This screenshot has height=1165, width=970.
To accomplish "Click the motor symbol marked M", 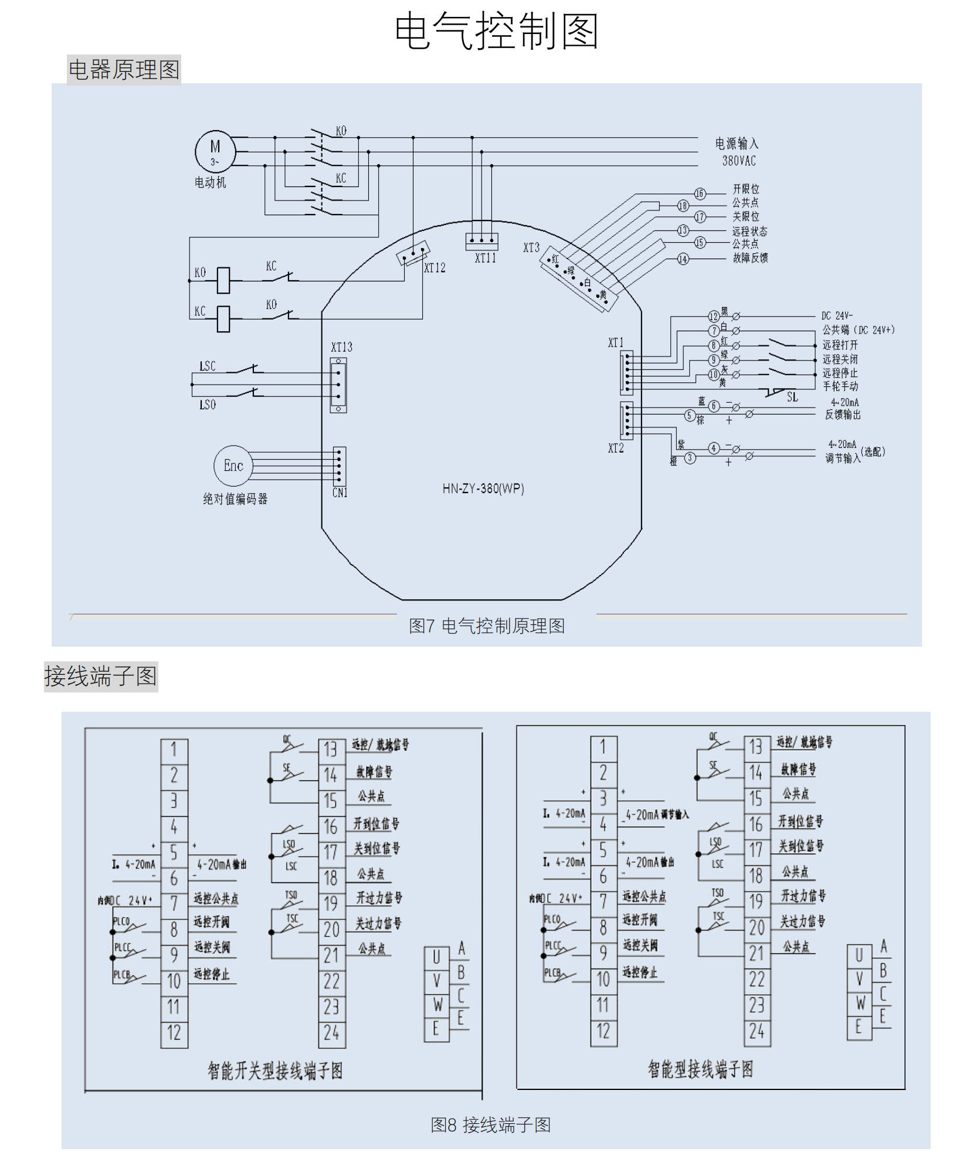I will point(215,151).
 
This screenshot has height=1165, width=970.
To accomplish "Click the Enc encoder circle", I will point(233,466).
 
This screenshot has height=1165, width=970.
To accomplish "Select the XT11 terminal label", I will point(485,258).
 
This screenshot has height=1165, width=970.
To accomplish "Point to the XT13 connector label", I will point(341,347).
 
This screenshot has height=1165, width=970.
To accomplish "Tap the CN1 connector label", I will point(340,493).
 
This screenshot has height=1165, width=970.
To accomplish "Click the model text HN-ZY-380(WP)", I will point(483,488).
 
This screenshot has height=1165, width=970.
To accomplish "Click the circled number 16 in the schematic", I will point(700,193).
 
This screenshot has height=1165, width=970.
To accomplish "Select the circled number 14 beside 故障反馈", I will point(683,259).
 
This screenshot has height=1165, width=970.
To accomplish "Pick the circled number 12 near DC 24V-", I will point(713,317).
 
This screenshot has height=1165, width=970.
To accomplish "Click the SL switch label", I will point(792,398).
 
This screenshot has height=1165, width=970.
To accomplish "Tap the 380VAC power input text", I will point(738,161).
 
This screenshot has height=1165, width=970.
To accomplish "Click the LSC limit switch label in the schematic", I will point(207,366).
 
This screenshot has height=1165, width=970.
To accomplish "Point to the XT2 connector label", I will point(616,449).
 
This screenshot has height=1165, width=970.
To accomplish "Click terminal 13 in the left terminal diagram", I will point(331,749).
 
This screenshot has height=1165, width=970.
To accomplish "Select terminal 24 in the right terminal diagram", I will point(757,1031).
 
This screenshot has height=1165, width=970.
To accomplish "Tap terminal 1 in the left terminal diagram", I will point(174,749).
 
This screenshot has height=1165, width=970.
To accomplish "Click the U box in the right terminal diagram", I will point(859,956).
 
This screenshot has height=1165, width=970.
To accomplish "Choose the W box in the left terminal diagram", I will point(437,1005).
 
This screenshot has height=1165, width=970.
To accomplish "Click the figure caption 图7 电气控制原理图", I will point(487,626).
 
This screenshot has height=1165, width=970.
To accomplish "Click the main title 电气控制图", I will point(496,31).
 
